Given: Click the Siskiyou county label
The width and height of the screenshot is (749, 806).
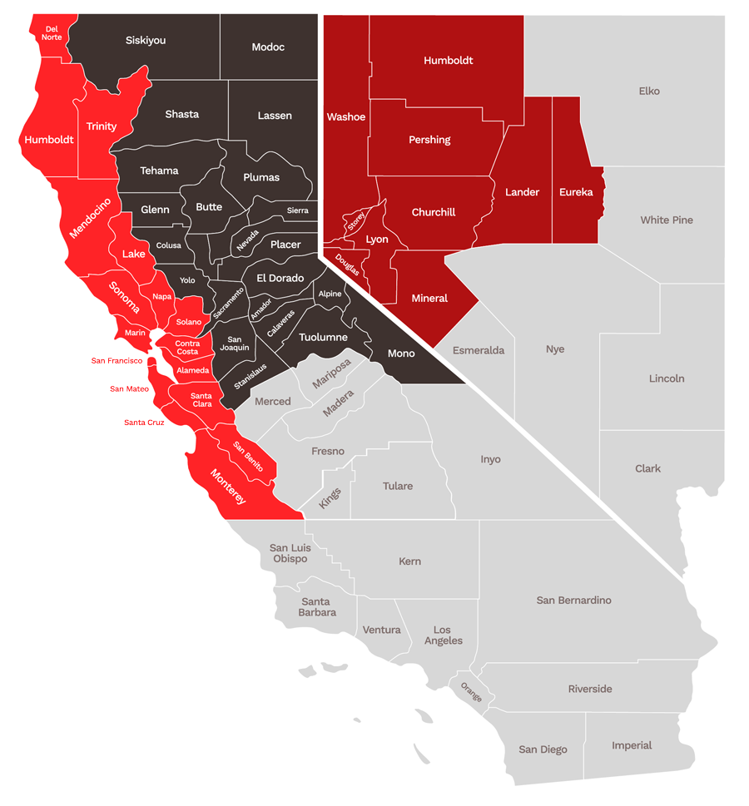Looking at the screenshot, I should click(146, 40).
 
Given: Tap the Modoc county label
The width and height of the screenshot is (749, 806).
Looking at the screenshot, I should click(268, 47).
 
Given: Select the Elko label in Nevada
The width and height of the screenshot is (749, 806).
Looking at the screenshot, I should click(649, 91).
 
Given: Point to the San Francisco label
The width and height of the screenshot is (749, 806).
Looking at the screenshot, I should click(117, 361).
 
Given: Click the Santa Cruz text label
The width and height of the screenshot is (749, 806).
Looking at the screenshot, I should click(144, 423).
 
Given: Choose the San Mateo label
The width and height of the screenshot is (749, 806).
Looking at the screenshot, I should click(129, 389).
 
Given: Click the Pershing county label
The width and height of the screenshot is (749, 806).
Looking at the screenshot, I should click(429, 140).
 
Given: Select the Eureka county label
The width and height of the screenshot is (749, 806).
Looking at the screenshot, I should click(576, 192).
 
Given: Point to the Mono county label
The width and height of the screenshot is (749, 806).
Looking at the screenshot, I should click(401, 354).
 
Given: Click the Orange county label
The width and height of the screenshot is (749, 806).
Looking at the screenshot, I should click(471, 693).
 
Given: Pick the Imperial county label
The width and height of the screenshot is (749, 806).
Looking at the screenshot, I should click(632, 745).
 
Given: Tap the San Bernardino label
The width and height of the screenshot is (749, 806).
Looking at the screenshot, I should click(573, 601).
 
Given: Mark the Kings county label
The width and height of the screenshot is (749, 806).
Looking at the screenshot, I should click(330, 498).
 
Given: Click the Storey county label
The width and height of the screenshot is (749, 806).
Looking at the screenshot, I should click(357, 221).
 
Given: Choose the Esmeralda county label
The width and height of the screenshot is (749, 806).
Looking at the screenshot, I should click(479, 351).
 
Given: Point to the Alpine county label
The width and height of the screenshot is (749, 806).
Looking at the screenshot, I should click(330, 294).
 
